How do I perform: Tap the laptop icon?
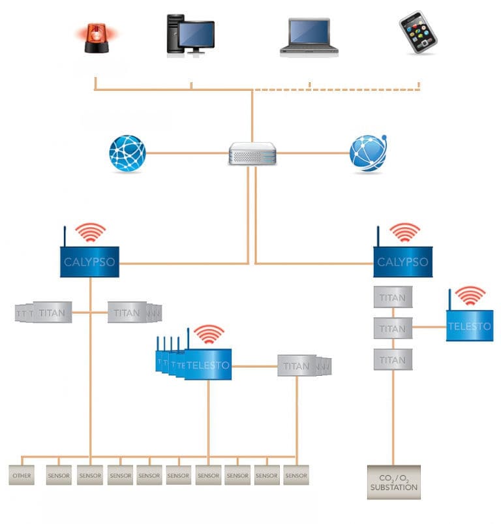point(310,37)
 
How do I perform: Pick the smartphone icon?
point(417,32)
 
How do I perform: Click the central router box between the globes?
point(252,153)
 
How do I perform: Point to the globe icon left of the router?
point(127,153)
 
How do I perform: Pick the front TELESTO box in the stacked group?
point(207,365)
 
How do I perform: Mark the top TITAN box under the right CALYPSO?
point(393,298)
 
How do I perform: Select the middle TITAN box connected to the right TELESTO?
point(393,328)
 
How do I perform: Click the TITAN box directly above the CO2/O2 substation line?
point(393,360)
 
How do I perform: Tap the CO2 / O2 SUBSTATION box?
point(393,482)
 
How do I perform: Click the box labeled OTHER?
point(22,475)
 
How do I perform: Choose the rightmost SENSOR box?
point(296,475)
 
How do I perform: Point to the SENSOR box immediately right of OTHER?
point(59,475)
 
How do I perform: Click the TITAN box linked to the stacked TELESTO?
point(297,365)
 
